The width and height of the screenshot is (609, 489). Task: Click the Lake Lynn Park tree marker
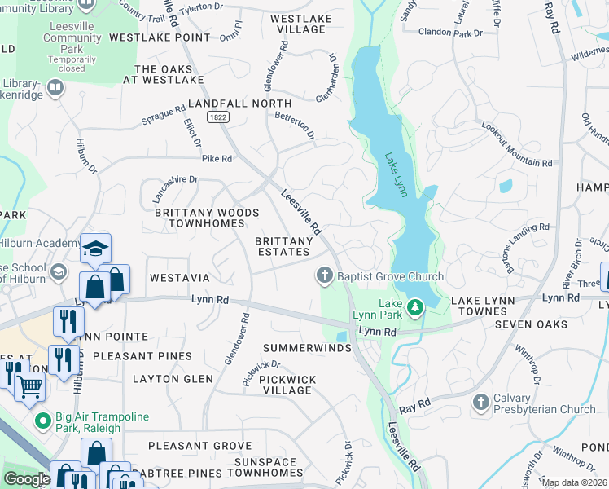click(x=416, y=307)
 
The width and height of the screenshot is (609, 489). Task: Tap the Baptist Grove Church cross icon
click(x=325, y=276)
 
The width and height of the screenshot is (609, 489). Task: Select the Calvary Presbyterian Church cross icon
click(x=481, y=403)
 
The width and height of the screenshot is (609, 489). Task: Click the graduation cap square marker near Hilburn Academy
click(x=95, y=248)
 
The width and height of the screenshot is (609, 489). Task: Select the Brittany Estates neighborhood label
click(x=284, y=247)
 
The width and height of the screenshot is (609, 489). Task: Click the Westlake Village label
click(x=298, y=23)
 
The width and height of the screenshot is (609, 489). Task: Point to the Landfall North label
click(x=239, y=104)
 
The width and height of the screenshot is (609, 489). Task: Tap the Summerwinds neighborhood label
click(x=306, y=348)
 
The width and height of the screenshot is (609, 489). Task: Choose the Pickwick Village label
click(x=287, y=385)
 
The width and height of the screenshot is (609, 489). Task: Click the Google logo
click(x=27, y=479)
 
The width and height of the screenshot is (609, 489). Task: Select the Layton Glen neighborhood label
click(x=173, y=379)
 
